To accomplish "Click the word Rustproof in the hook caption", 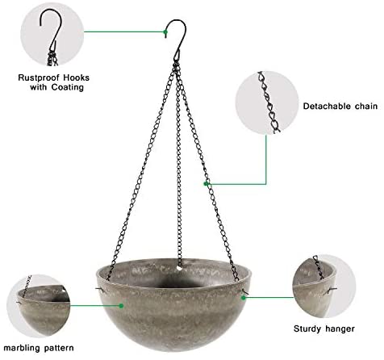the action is pyautogui.click(x=40, y=77).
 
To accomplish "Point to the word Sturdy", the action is pyautogui.click(x=307, y=329).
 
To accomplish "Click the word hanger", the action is pyautogui.click(x=340, y=329).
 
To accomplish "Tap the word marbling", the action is pyautogui.click(x=22, y=348).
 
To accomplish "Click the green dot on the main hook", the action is pyautogui.click(x=165, y=32).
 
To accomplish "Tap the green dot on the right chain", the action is pyautogui.click(x=206, y=184).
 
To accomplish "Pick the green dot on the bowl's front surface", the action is pyautogui.click(x=121, y=306).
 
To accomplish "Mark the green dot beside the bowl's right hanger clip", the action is pyautogui.click(x=244, y=298).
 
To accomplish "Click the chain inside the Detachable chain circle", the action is pyautogui.click(x=269, y=103).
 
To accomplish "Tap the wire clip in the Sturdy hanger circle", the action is pyautogui.click(x=329, y=291).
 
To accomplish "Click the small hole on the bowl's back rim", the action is pyautogui.click(x=179, y=268).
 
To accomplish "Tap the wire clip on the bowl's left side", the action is pyautogui.click(x=100, y=289).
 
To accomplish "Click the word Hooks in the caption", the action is pyautogui.click(x=76, y=77).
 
